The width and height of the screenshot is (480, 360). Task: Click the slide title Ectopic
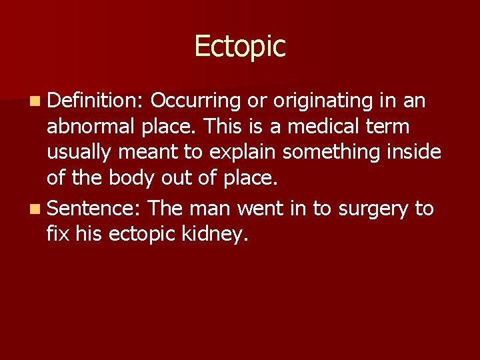[240, 46]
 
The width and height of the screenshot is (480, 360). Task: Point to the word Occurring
[195, 101]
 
